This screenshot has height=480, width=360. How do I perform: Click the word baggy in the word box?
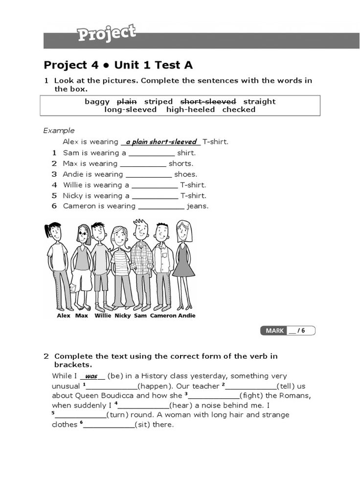97,102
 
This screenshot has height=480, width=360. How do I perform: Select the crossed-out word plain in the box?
127,102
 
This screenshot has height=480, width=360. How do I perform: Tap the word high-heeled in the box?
190,110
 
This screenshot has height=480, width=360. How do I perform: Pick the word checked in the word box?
239,110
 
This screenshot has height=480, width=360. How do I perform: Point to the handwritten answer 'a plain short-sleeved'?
161,142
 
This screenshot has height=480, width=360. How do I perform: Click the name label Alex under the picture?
64,316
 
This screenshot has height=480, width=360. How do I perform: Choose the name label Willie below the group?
103,316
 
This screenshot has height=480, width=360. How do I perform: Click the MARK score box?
288,331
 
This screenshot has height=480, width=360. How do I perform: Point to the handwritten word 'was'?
91,377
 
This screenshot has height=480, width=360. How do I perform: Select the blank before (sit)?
109,425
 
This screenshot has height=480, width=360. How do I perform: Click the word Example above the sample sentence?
59,131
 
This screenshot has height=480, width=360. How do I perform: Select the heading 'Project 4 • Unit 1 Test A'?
118,65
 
